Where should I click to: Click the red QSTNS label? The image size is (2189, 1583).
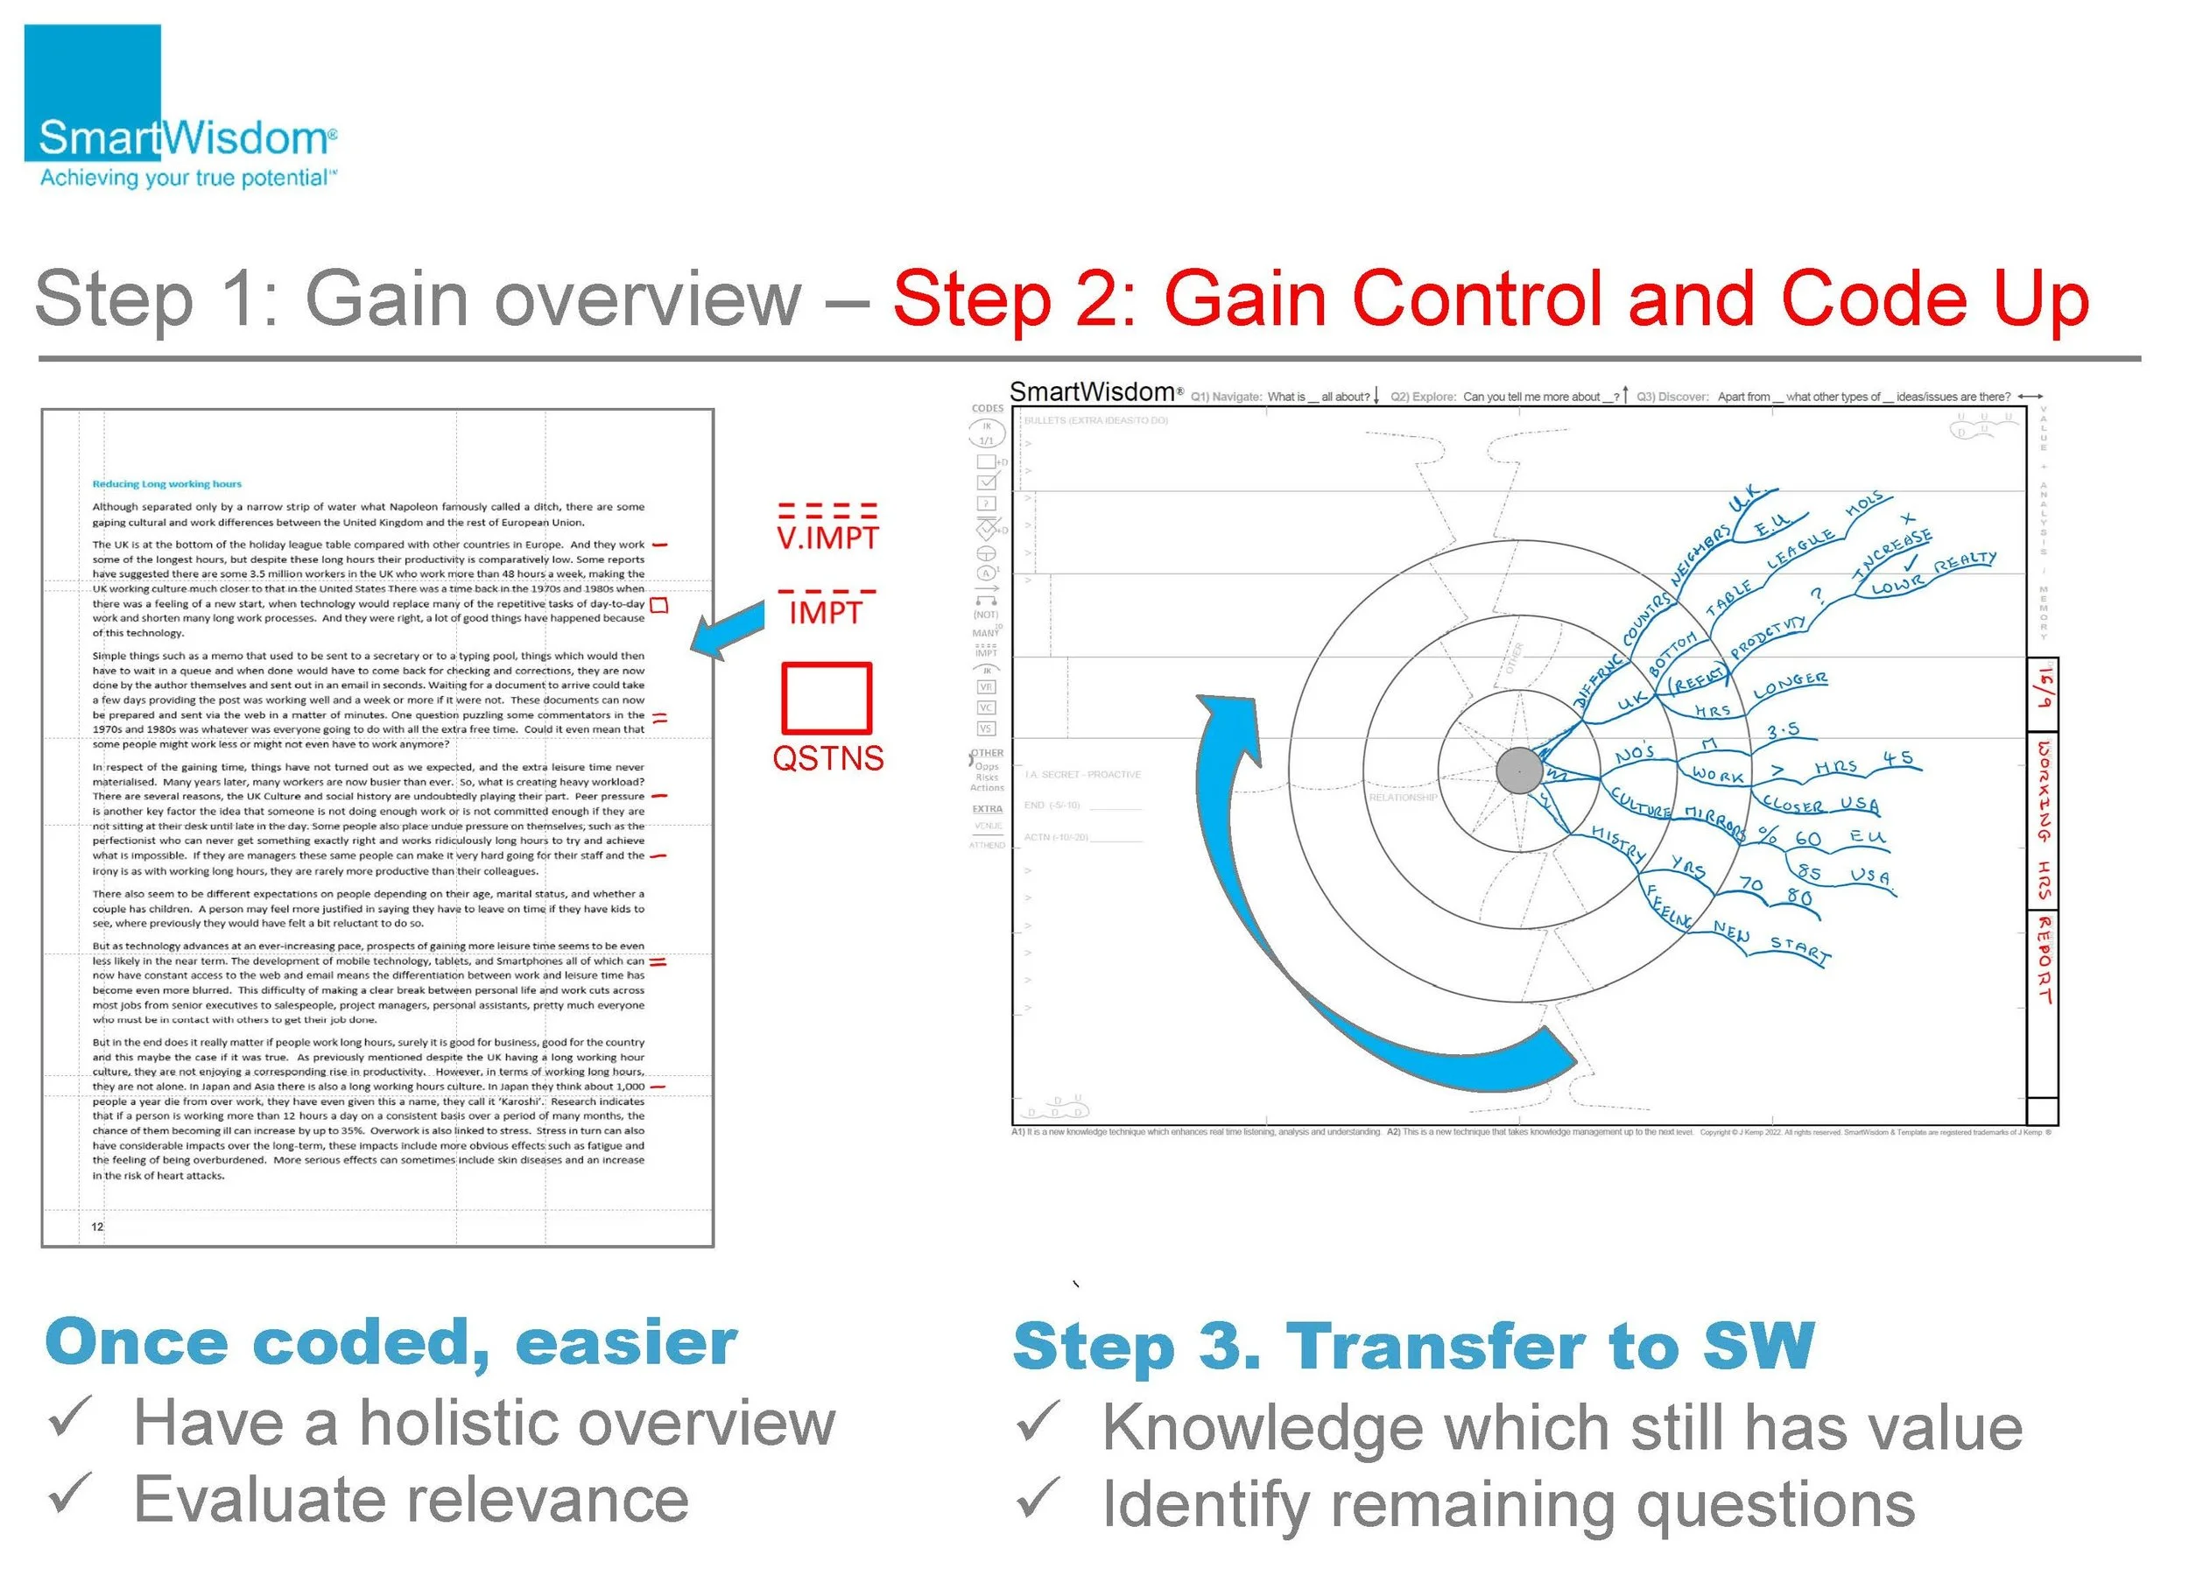coord(827,757)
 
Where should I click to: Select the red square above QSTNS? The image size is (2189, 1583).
coord(827,697)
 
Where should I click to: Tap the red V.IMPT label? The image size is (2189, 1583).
coord(827,537)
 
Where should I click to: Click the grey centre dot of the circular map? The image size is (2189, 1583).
coord(1519,771)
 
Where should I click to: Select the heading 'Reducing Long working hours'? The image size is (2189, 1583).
coord(167,484)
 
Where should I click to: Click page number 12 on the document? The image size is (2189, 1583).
coord(97,1227)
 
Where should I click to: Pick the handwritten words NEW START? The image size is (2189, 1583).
coord(1771,941)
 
